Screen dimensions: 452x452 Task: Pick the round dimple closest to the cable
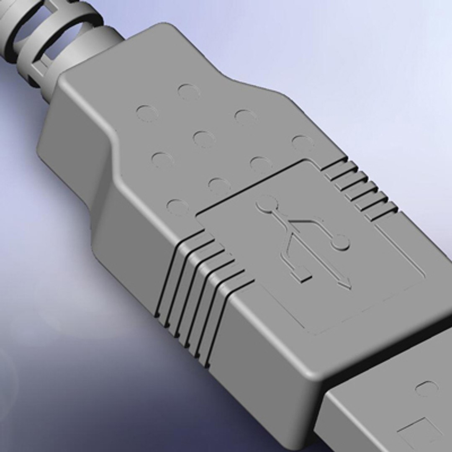pyautogui.click(x=188, y=92)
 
